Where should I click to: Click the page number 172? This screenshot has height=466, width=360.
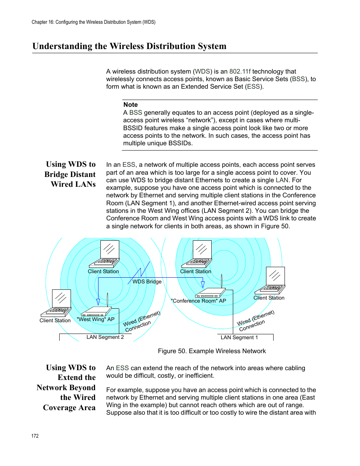[x=35, y=436]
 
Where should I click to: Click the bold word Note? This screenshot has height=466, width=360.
[x=130, y=105]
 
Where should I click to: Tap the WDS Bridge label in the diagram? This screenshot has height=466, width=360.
[x=147, y=281]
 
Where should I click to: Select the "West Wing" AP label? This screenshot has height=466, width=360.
[x=95, y=319]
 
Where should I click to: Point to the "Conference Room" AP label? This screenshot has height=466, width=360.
[x=198, y=301]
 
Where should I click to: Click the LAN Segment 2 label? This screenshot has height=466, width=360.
[x=105, y=337]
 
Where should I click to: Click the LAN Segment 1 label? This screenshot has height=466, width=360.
[x=239, y=337]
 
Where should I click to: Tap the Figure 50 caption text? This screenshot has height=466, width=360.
[x=212, y=351]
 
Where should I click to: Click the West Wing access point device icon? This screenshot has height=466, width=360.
[x=96, y=312]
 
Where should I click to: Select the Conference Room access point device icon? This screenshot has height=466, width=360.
[x=210, y=293]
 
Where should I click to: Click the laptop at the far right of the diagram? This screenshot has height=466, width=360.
[x=270, y=281]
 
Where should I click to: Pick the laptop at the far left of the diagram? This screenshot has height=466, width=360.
[x=56, y=303]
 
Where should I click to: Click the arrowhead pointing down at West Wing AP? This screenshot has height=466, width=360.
[x=98, y=302]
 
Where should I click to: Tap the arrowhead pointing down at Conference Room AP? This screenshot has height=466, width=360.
[x=203, y=285]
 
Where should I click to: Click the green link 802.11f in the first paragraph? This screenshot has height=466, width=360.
[x=240, y=71]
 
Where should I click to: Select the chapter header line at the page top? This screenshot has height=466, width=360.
[x=93, y=22]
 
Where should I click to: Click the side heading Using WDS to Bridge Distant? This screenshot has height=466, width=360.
[x=70, y=169]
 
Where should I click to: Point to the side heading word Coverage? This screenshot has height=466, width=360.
[x=60, y=408]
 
